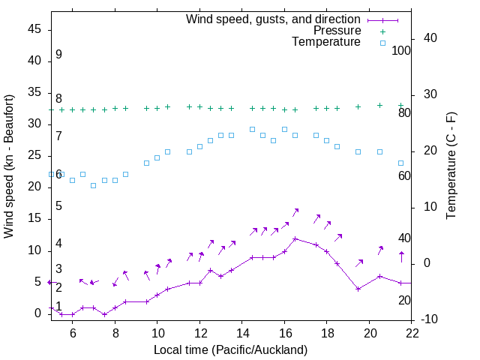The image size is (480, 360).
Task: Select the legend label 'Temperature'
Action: pyautogui.click(x=326, y=42)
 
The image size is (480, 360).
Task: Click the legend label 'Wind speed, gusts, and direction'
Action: pyautogui.click(x=274, y=19)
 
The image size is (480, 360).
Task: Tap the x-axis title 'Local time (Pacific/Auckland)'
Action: pyautogui.click(x=230, y=349)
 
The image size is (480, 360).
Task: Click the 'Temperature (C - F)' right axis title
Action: pyautogui.click(x=451, y=166)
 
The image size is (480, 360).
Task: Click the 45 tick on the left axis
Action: pyautogui.click(x=34, y=29)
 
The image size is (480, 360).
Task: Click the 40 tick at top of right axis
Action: pyautogui.click(x=430, y=38)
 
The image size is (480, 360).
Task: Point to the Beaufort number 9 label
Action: pyautogui.click(x=58, y=55)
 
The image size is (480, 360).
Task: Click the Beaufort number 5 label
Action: pyautogui.click(x=58, y=205)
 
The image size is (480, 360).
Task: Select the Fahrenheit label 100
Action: pyautogui.click(x=401, y=50)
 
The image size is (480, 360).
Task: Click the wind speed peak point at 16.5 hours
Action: pyautogui.click(x=295, y=238)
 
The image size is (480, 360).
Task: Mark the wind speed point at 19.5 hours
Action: pyautogui.click(x=358, y=289)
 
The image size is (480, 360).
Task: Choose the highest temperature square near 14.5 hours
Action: pyautogui.click(x=252, y=129)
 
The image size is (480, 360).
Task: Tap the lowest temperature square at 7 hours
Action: pyautogui.click(x=94, y=185)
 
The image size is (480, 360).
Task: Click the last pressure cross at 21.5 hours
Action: pyautogui.click(x=400, y=106)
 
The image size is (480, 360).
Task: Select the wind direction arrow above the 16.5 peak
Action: pyautogui.click(x=295, y=213)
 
